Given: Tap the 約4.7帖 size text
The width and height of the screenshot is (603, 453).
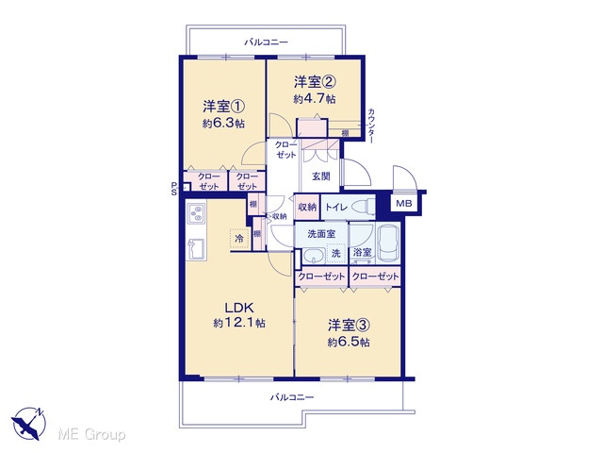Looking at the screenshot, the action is point(315,99).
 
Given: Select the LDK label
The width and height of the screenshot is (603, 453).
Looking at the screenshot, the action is point(239,308).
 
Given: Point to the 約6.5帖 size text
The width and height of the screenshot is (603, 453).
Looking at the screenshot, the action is point(349,342).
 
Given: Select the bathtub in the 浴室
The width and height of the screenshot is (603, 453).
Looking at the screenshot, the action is point(389,243).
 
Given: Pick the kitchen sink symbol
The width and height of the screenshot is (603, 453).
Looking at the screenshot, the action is point(196,249).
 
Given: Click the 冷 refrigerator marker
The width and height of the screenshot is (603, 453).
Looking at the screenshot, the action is point(239,239).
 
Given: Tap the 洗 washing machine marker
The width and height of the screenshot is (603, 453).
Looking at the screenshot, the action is point(336,253).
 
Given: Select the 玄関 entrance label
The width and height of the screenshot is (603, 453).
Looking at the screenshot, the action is point(320,176).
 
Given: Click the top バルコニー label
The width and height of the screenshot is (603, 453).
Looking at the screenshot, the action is point(266,42).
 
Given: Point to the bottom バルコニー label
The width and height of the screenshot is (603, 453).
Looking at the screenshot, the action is point(292,396).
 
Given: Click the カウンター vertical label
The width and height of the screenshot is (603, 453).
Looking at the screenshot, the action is point(371,126).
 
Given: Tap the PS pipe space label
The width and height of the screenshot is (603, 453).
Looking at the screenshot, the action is point(173,189).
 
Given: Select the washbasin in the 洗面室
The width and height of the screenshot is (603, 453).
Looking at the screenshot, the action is point(313,256).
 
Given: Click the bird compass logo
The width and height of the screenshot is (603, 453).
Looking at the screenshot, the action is point(29,423).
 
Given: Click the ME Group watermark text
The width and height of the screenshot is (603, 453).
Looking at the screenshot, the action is point(91,434).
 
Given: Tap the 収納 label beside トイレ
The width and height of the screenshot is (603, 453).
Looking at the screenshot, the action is point(307,207).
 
